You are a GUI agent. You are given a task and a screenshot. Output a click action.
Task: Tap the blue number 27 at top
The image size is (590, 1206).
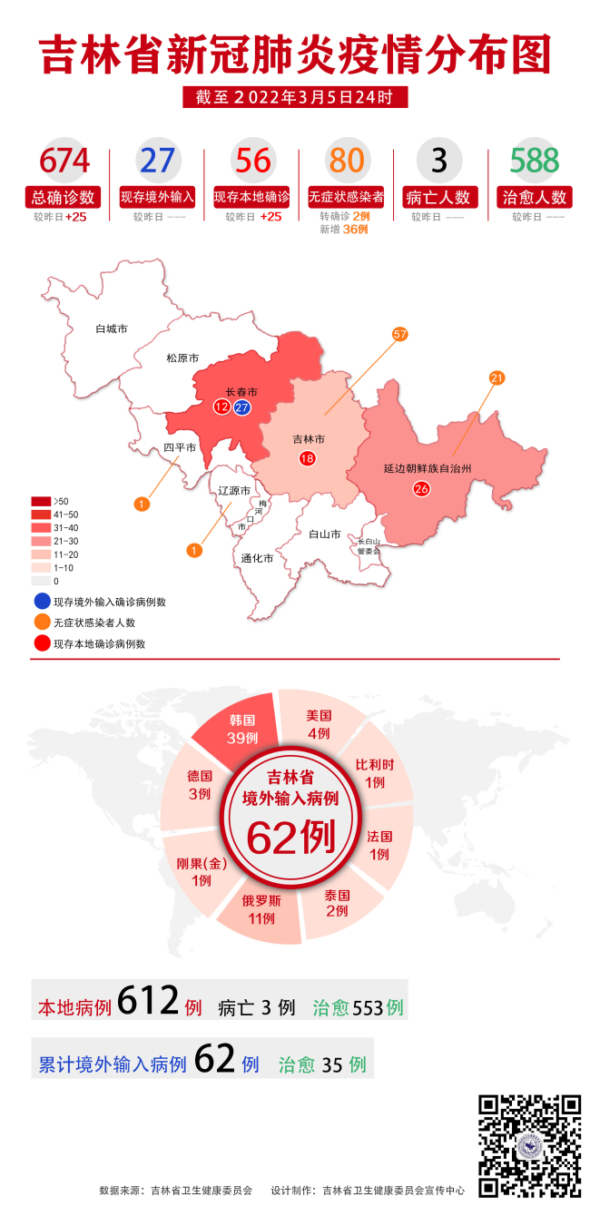tap(159, 161)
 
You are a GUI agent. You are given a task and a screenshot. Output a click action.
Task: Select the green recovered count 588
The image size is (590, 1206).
tap(534, 161)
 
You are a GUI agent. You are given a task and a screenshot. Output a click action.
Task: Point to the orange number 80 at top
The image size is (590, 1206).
tap(346, 161)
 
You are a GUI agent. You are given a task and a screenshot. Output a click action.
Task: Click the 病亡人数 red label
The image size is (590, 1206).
tap(439, 197)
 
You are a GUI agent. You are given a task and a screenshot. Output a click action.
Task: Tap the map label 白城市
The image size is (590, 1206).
tap(111, 328)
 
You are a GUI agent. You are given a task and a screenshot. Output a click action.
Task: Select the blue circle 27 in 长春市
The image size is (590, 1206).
tap(242, 407)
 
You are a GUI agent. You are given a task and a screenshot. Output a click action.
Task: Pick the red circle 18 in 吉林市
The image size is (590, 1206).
tap(307, 458)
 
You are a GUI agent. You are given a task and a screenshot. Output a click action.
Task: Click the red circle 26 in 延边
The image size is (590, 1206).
tap(421, 489)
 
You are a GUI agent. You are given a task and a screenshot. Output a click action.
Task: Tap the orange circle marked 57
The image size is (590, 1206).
tap(399, 334)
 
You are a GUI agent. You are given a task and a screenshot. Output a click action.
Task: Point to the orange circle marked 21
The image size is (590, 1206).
tap(497, 377)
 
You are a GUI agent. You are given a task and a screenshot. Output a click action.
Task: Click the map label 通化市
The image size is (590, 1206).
tap(257, 558)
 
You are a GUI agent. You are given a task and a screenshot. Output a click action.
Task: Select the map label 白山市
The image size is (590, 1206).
tap(324, 534)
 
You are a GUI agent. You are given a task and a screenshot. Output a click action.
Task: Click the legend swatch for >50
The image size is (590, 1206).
tap(41, 501)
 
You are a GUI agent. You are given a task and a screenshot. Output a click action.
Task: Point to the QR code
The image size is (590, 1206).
tap(529, 1145)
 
